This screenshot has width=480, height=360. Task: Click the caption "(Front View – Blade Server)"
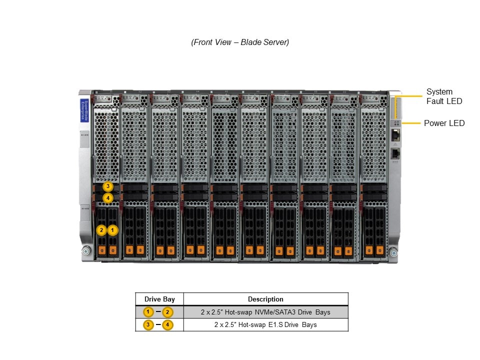[x=240, y=42]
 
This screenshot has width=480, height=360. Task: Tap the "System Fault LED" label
[x=444, y=96]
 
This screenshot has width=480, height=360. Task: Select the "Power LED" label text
[x=444, y=123]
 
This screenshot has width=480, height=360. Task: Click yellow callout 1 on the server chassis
[x=113, y=230]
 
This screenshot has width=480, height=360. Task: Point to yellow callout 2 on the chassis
[x=102, y=230]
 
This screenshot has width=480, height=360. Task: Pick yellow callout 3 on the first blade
[x=108, y=187]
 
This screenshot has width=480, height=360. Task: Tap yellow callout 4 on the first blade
[x=108, y=198]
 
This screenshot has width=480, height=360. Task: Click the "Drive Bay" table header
[x=159, y=299]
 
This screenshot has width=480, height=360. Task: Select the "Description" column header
[x=265, y=299]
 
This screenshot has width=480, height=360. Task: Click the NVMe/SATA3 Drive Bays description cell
[x=265, y=312]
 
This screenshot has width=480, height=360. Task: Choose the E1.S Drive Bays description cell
[x=265, y=325]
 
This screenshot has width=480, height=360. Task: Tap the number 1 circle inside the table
[x=148, y=312]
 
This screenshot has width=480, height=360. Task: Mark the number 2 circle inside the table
[x=168, y=312]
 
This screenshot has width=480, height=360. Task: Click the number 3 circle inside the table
[x=148, y=325]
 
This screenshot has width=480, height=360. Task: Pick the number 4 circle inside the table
[x=168, y=325]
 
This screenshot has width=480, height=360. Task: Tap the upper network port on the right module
[x=395, y=134]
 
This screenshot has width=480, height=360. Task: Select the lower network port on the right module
[x=395, y=152]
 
